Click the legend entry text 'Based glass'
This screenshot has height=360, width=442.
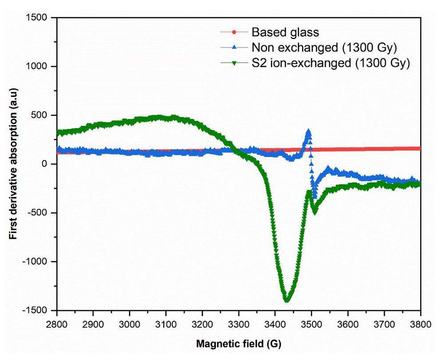pos(285,32)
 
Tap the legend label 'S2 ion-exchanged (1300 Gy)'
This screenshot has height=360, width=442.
pos(330,63)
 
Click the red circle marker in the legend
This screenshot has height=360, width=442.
pos(234,32)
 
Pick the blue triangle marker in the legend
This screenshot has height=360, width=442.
pos(234,47)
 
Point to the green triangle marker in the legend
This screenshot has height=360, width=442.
pos(234,63)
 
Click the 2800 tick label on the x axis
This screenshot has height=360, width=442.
pos(57,324)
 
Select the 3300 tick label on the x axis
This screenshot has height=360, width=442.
pos(239,324)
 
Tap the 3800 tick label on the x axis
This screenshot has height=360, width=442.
pos(420,324)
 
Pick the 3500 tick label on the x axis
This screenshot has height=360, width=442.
pos(312,324)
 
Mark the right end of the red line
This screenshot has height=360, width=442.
pos(419,149)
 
